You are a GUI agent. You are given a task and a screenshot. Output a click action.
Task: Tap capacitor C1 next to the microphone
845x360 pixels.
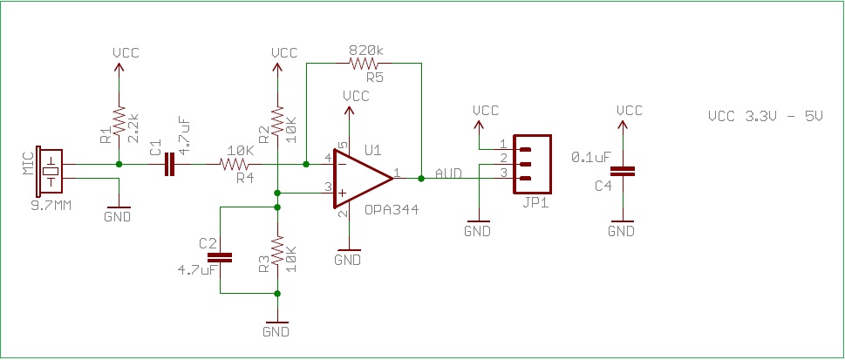(x=167, y=164)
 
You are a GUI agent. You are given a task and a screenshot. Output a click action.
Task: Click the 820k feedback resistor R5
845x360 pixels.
(x=365, y=63)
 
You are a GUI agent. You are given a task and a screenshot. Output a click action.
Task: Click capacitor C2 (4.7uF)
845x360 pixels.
(x=221, y=256)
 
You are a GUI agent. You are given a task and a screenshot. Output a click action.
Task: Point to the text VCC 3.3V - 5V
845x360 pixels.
(x=765, y=115)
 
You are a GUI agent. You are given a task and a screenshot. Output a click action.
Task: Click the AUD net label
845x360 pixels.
(x=448, y=173)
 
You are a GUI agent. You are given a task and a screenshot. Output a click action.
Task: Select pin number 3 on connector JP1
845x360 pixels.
(x=502, y=173)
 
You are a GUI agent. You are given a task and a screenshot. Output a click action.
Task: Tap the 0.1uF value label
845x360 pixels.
(x=590, y=157)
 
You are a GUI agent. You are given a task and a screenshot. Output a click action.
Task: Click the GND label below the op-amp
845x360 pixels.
(x=348, y=259)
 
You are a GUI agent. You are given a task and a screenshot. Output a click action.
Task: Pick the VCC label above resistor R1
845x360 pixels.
(x=126, y=52)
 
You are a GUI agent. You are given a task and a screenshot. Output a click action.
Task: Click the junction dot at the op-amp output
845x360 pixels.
(x=421, y=178)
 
